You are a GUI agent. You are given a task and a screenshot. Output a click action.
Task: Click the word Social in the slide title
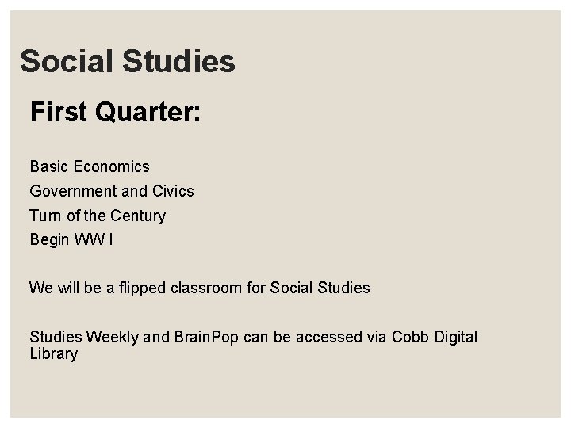coord(65,61)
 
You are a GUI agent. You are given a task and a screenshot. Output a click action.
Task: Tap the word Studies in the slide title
coord(177,61)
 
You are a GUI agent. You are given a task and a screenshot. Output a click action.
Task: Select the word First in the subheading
coord(60,113)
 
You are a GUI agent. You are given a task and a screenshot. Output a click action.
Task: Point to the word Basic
coord(48,166)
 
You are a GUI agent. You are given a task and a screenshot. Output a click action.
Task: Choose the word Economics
coord(110,166)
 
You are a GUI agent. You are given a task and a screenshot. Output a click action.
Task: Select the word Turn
coord(44,216)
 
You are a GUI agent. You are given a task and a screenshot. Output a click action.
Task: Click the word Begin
coord(49,239)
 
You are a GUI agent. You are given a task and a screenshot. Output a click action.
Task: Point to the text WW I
coord(94,239)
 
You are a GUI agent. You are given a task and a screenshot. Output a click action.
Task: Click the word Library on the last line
coord(54,354)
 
